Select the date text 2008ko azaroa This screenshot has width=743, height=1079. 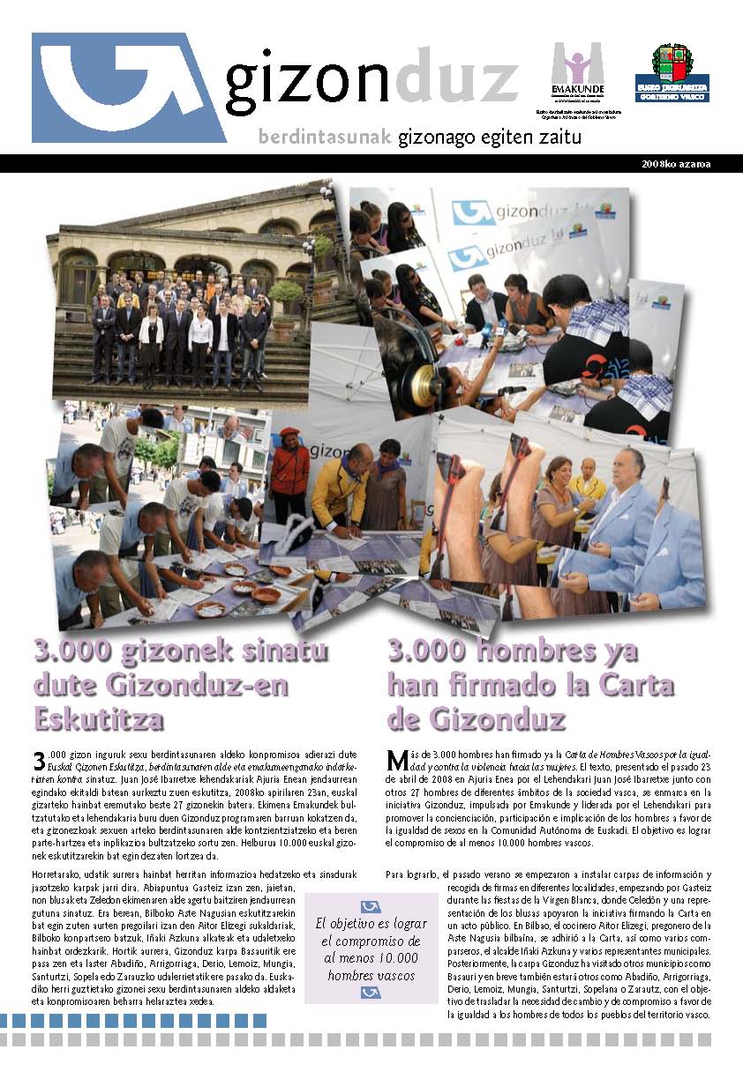tap(677, 164)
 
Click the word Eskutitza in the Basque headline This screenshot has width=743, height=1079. tap(98, 718)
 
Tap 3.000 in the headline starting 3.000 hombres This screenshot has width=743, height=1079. tap(439, 651)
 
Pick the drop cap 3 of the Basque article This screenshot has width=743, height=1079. tap(39, 761)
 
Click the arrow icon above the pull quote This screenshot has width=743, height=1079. tap(371, 907)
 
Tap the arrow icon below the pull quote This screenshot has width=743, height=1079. tap(371, 992)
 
